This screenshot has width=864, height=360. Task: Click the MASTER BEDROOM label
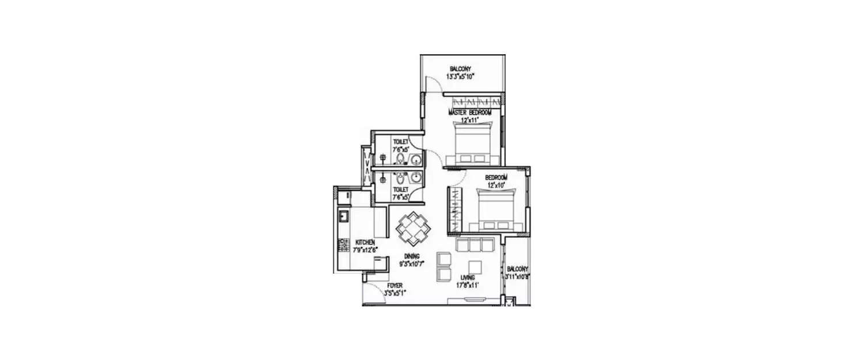pos(470,113)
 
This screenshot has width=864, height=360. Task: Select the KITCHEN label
pos(366,242)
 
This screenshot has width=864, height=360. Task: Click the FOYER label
pos(395,286)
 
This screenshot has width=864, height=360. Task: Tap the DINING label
pos(411,256)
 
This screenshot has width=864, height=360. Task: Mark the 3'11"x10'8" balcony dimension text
pos(517,276)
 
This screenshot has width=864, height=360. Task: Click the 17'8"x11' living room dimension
pos(467,285)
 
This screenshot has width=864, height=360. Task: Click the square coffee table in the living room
pos(475,267)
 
